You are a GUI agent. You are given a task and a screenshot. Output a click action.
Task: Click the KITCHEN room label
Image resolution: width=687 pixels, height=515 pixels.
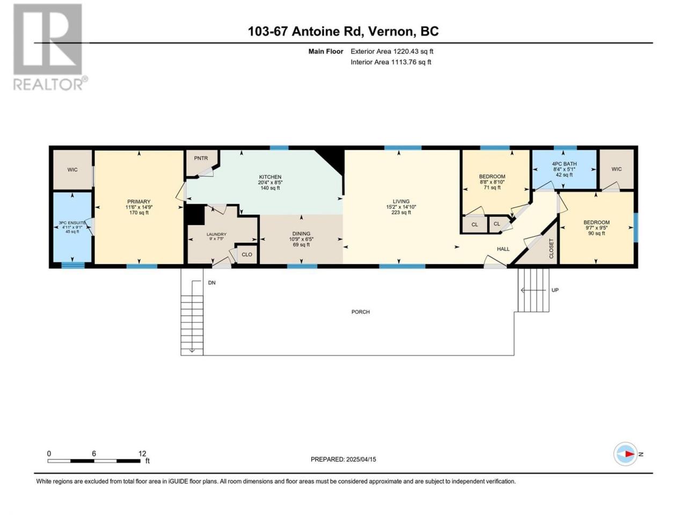(x=270, y=176)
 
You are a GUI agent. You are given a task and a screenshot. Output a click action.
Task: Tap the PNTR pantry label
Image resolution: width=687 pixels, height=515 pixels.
(x=201, y=158)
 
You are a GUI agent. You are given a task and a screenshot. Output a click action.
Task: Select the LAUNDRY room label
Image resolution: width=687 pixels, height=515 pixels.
(x=216, y=234)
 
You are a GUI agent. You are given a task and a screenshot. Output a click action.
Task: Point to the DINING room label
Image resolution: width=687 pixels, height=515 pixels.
(x=301, y=233)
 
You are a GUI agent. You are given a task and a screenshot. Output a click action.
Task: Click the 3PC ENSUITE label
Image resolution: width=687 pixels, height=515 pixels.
(x=72, y=223)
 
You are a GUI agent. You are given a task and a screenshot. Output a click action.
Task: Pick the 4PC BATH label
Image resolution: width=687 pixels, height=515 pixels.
(x=564, y=164)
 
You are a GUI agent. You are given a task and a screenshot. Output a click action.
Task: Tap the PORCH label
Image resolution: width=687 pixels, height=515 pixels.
(x=361, y=312)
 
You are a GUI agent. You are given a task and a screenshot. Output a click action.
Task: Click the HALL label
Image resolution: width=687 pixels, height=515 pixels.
(x=503, y=249)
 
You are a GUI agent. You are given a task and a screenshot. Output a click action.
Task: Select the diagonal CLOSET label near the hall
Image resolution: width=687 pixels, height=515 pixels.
(x=551, y=248)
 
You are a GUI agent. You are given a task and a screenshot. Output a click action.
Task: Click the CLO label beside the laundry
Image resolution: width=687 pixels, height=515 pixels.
(x=247, y=254)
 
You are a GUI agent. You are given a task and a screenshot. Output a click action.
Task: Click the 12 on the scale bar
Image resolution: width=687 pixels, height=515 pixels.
(x=142, y=454)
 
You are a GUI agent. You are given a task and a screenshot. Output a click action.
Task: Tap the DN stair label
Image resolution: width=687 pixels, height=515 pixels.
(x=211, y=283)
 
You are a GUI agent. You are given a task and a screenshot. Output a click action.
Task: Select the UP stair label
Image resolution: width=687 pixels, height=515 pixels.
(x=555, y=290)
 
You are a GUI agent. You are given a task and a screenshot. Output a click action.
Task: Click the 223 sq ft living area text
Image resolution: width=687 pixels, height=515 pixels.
(x=401, y=212)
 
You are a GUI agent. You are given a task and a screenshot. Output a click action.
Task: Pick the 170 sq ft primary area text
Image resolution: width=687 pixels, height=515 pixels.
(x=138, y=213)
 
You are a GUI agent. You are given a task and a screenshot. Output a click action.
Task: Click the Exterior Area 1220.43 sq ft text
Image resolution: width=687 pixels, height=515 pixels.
(x=392, y=51)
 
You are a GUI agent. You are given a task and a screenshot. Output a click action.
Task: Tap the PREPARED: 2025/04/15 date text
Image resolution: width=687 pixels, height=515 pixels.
(x=343, y=459)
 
